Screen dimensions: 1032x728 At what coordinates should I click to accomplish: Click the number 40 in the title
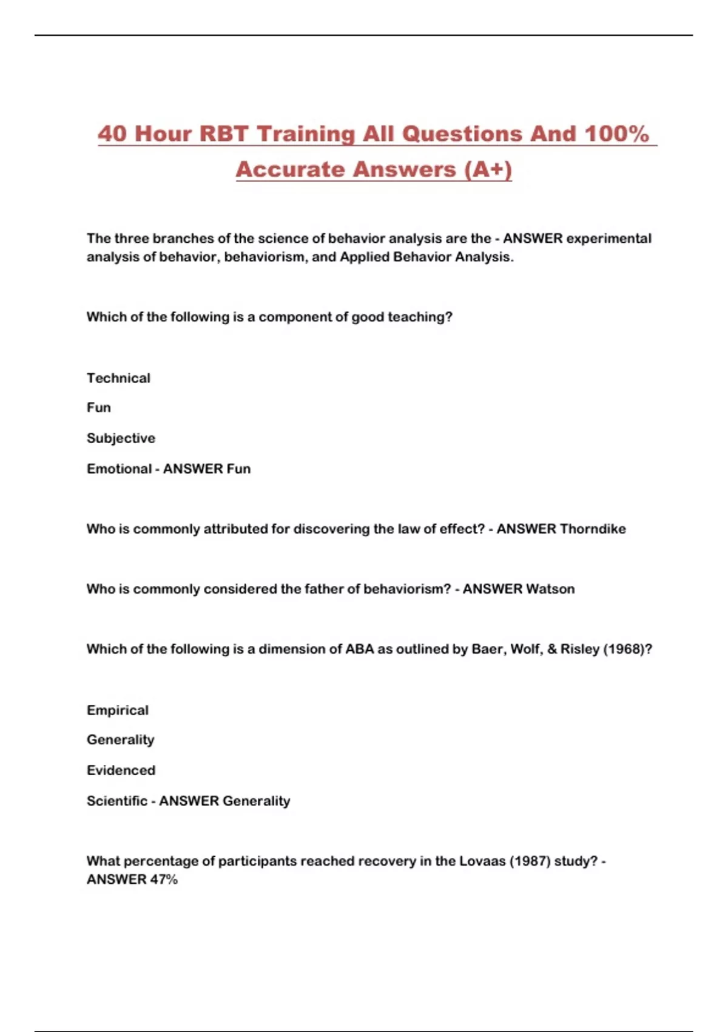pos(113,134)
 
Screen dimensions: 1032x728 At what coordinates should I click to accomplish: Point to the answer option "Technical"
pos(118,378)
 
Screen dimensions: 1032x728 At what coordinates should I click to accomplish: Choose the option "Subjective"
pos(121,438)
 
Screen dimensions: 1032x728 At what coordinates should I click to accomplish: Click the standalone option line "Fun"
pos(99,407)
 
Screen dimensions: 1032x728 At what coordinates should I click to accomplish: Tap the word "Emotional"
pos(119,469)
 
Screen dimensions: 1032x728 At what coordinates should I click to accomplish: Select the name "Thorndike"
pos(593,529)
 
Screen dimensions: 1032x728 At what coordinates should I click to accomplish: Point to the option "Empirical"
pos(118,710)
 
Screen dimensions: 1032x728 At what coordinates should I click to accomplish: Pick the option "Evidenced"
pos(121,770)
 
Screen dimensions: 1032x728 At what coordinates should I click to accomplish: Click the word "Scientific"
pos(117,801)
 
